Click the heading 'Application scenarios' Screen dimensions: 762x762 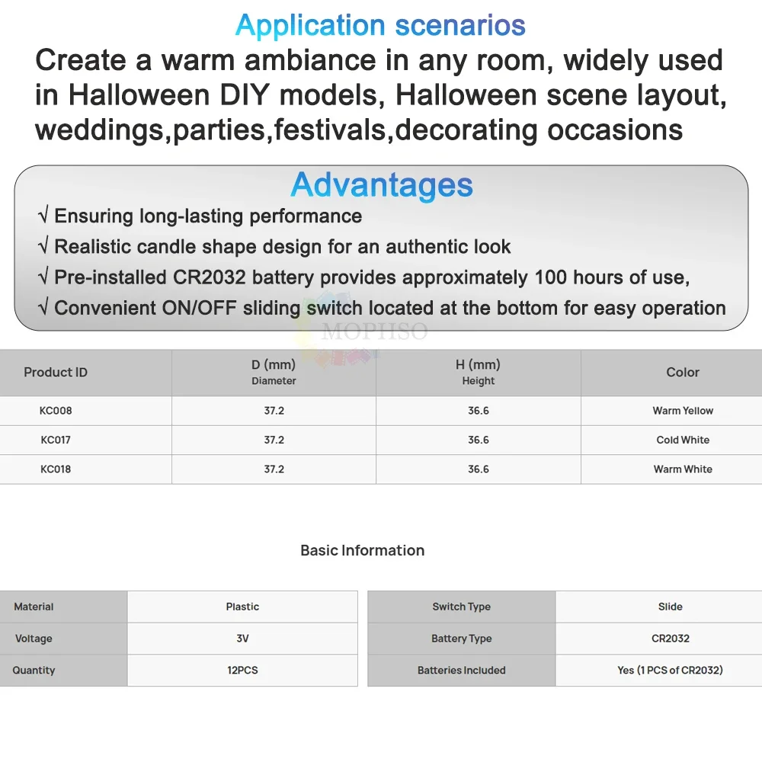[380, 25]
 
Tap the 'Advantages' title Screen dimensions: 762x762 [382, 185]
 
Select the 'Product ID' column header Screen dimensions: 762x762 [56, 373]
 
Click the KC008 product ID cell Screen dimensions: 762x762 [56, 411]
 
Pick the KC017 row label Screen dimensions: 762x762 [56, 440]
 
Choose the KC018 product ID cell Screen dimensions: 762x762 [56, 469]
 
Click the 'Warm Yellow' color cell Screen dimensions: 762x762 [683, 411]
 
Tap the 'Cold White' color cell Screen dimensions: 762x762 [683, 440]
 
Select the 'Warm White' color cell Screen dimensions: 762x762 [683, 469]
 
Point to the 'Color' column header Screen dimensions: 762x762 [683, 373]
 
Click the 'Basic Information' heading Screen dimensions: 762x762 [363, 550]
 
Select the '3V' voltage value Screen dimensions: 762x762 [242, 639]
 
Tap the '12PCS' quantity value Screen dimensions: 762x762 [242, 671]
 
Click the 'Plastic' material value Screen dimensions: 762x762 [242, 607]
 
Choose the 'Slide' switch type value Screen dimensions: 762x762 [671, 607]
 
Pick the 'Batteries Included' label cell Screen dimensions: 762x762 [462, 671]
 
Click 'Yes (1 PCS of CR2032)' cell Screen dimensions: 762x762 [671, 671]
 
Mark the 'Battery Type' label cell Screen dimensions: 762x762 [462, 639]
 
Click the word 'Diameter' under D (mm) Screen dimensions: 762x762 [274, 381]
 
